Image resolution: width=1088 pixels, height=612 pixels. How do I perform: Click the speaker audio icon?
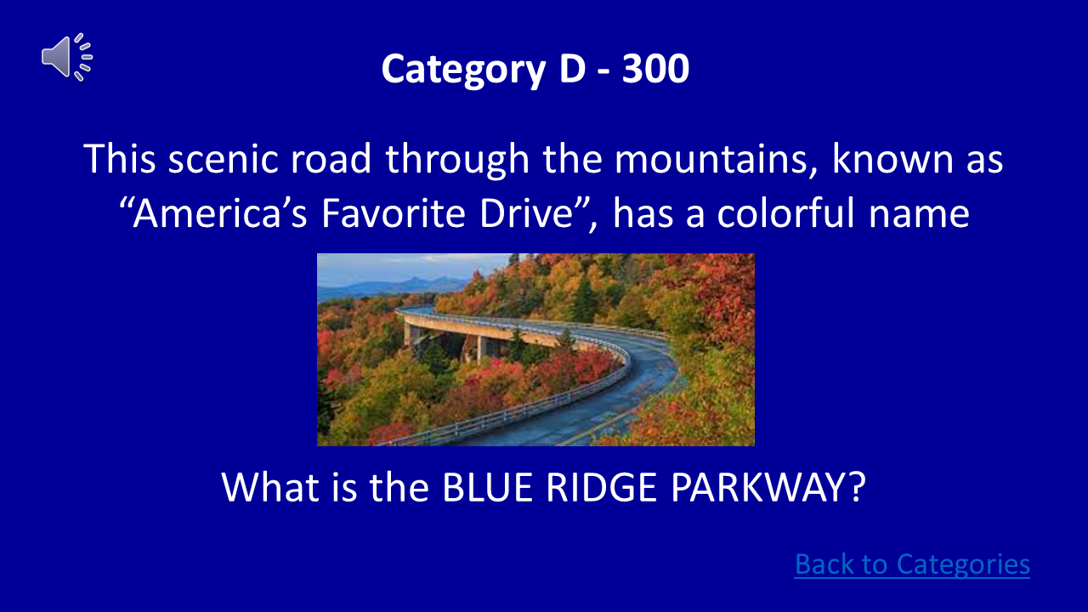(66, 57)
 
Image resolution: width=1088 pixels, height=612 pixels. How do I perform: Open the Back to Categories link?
(912, 564)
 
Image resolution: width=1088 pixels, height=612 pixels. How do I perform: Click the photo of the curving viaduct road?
(535, 349)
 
